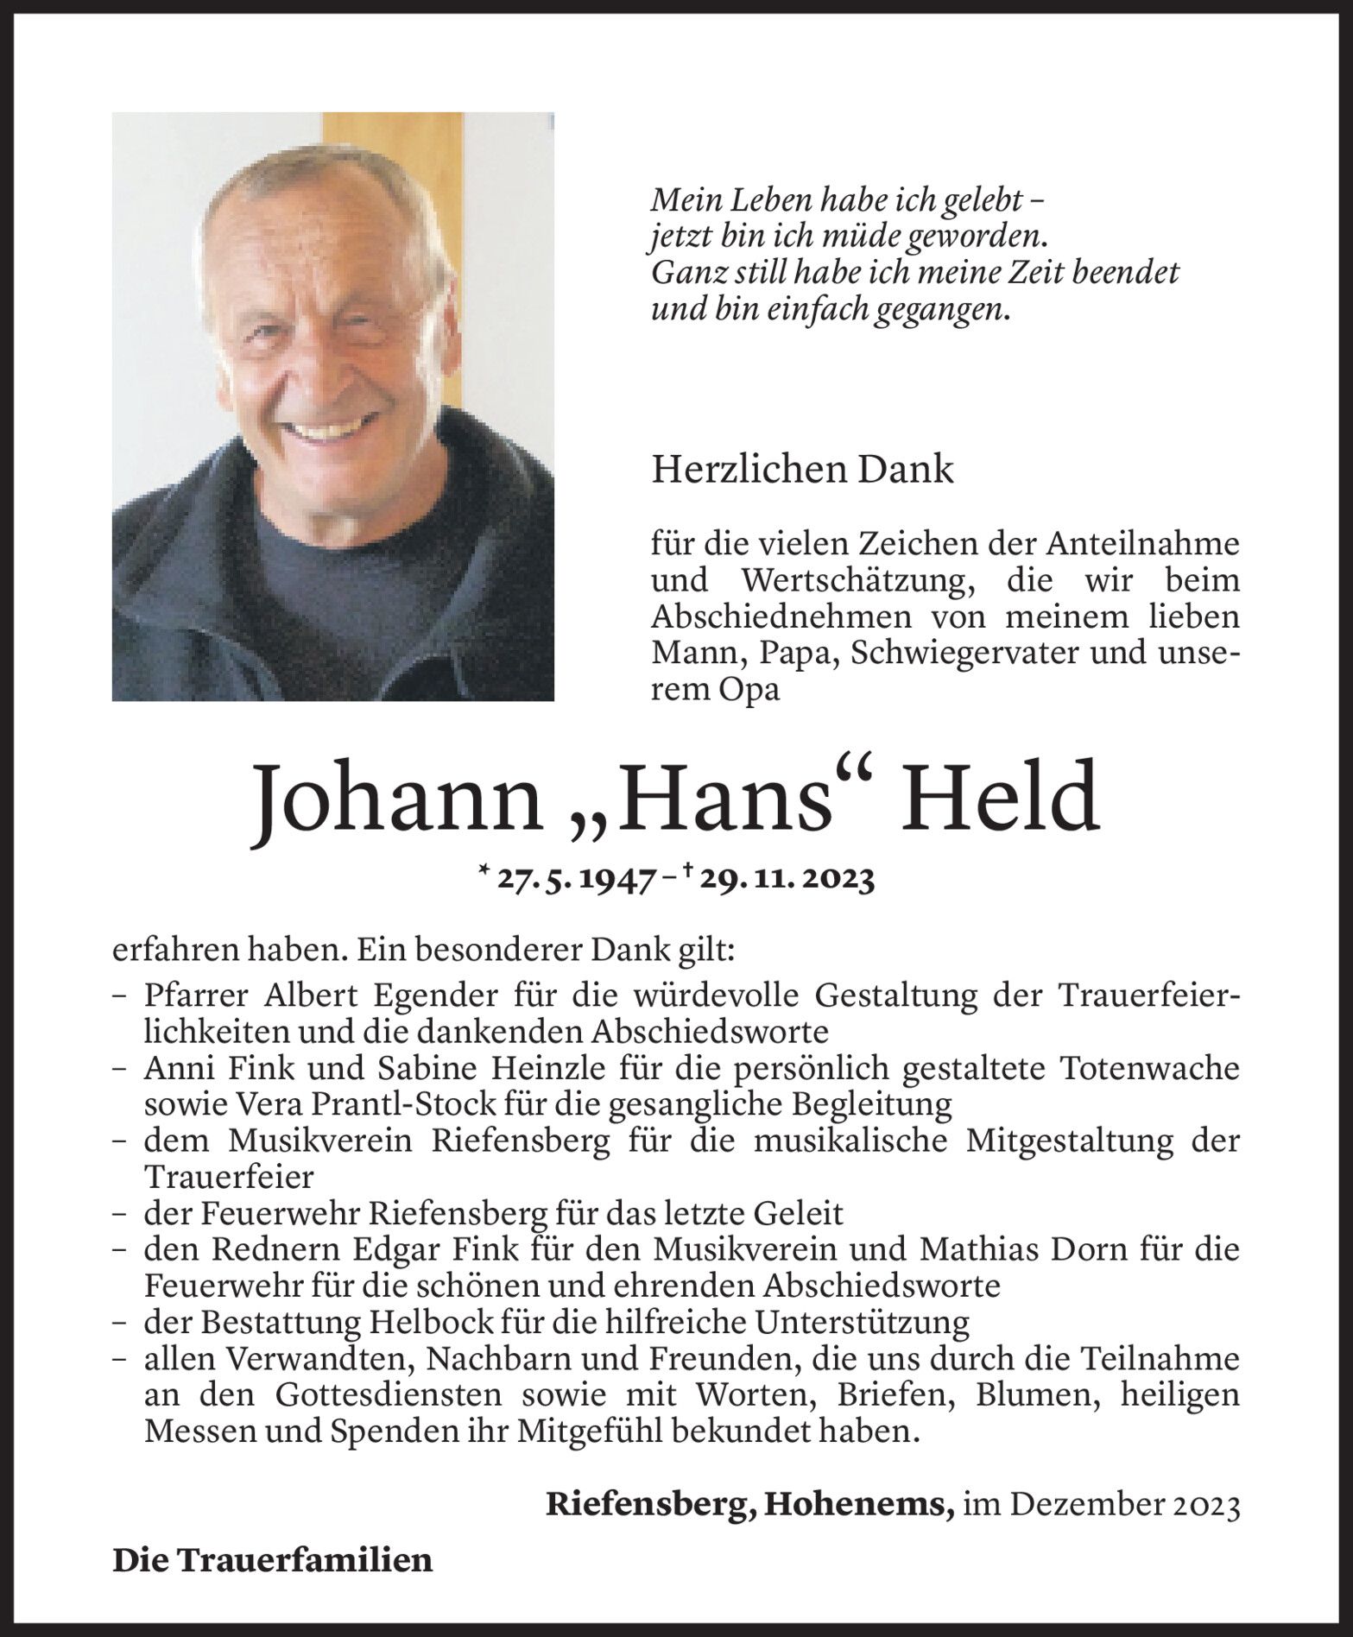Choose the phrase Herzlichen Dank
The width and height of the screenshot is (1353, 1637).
[x=802, y=470]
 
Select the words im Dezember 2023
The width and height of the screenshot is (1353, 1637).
[x=1102, y=1505]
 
